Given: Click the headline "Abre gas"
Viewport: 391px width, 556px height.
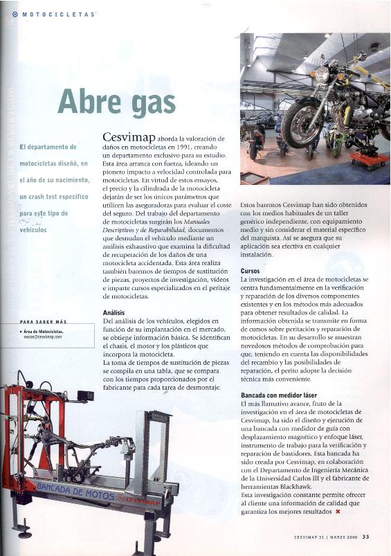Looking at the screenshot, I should [x=116, y=101].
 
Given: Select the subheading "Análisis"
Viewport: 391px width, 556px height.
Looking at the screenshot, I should [x=113, y=313].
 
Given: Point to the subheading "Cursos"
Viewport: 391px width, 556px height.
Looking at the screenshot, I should [x=250, y=271].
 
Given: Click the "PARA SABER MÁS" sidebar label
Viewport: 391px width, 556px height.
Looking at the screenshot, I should [x=43, y=322].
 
